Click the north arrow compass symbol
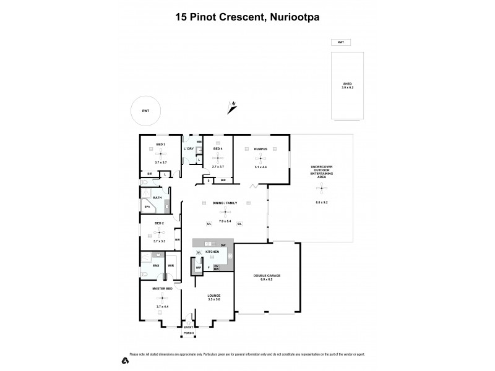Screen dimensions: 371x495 tap(232, 108)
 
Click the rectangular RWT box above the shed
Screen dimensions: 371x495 tap(340, 42)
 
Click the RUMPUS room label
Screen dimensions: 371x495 tap(259, 149)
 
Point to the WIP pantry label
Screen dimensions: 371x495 tap(199, 267)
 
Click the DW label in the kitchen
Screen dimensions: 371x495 tap(223, 245)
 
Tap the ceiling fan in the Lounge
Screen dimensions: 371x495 tap(214, 287)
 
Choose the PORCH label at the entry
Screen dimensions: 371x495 tap(189, 333)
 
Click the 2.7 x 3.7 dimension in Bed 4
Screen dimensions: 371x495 tap(217, 166)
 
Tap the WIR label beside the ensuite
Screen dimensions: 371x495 tap(170, 266)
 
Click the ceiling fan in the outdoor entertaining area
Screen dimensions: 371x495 tap(321, 190)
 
